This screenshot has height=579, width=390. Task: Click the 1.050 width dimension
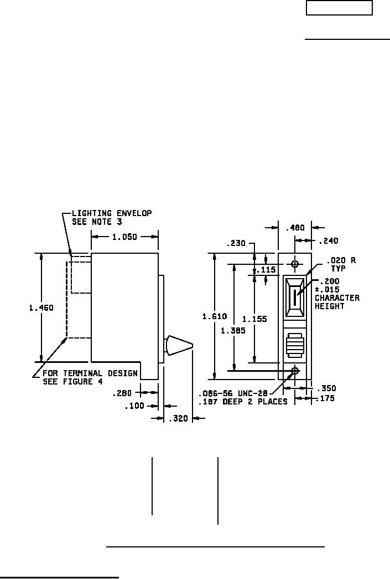pyautogui.click(x=124, y=237)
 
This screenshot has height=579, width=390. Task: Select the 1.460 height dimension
pyautogui.click(x=41, y=308)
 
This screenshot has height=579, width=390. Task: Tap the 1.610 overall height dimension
pyautogui.click(x=215, y=316)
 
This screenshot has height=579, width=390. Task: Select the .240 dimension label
pyautogui.click(x=328, y=241)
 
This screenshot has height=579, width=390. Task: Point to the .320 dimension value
pyautogui.click(x=178, y=419)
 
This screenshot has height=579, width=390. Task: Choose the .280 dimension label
pyautogui.click(x=122, y=393)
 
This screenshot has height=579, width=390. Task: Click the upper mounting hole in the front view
pyautogui.click(x=295, y=263)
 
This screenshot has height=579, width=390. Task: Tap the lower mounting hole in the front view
pyautogui.click(x=295, y=370)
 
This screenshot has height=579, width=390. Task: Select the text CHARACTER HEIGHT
pyautogui.click(x=337, y=302)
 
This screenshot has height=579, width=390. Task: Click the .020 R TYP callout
pyautogui.click(x=337, y=263)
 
